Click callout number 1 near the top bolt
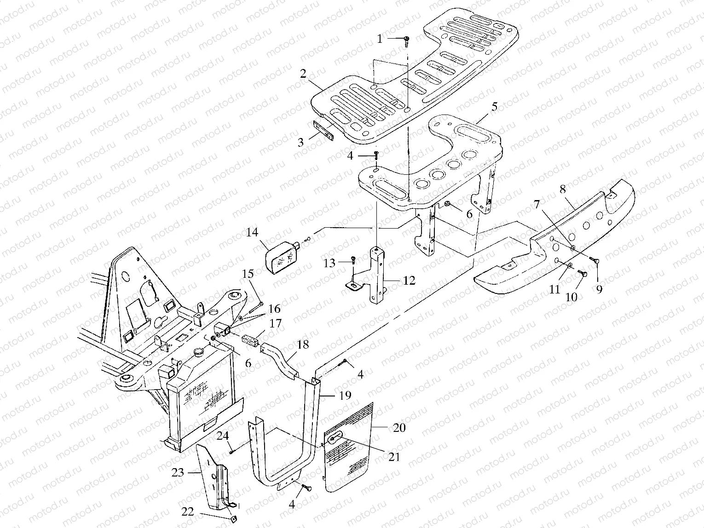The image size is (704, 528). (x=380, y=40)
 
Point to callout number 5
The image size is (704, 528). (x=494, y=107)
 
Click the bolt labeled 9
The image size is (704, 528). (x=595, y=262)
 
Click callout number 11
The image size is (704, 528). (x=555, y=290)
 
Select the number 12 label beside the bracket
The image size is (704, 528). (x=409, y=281)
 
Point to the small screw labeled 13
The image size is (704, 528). (x=352, y=259)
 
